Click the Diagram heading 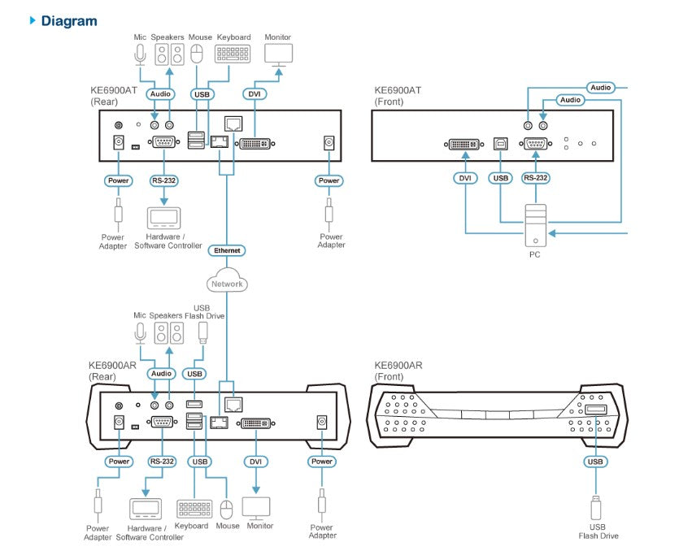[68, 20]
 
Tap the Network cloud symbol [227, 283]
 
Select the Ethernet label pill [227, 250]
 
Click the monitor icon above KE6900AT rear [279, 55]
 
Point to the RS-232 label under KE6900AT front [534, 178]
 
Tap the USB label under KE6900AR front [595, 462]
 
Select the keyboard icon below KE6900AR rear [193, 509]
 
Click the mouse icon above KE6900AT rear [196, 55]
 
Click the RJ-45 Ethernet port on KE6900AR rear [232, 403]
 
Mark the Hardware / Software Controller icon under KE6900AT [163, 218]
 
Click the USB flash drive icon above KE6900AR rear [203, 332]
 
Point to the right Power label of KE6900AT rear [329, 180]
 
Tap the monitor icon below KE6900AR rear [258, 509]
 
